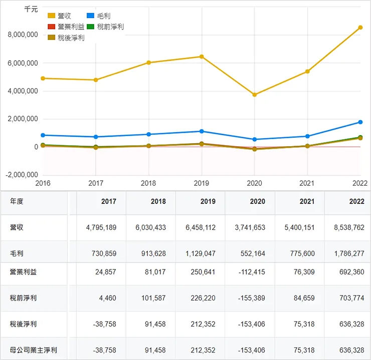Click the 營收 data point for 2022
pos(360,28)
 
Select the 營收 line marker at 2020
pos(255,95)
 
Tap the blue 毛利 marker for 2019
pos(202,131)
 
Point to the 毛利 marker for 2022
pos(360,122)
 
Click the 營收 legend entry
pos(60,16)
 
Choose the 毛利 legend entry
pos(99,16)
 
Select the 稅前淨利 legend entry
pos(105,27)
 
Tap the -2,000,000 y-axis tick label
pos(21,175)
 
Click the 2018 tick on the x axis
pos(149,183)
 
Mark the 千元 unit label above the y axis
pos(31,9)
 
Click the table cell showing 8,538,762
pos(349,227)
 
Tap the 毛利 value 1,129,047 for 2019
pos(200,253)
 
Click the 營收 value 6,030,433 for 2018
pos(150,227)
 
